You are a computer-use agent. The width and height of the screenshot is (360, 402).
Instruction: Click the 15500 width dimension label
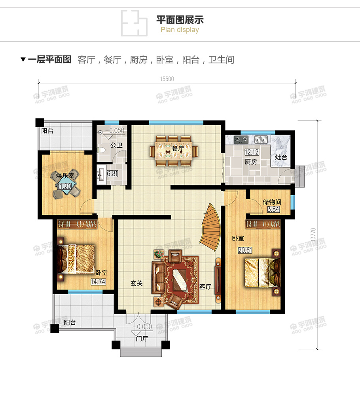point(167,79)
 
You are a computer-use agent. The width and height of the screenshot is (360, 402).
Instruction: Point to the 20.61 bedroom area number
point(244,250)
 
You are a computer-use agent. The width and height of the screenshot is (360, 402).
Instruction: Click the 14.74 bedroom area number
point(98,282)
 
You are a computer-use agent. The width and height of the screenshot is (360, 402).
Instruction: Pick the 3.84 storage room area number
point(273,210)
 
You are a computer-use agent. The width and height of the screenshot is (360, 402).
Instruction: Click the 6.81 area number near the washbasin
point(112,173)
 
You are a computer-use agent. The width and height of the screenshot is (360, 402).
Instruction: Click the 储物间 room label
point(272,202)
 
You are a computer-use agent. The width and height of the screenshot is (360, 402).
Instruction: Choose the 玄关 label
point(136,284)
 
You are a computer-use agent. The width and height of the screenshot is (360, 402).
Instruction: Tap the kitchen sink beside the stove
point(261,139)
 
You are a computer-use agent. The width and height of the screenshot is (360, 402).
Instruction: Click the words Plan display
point(180,30)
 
